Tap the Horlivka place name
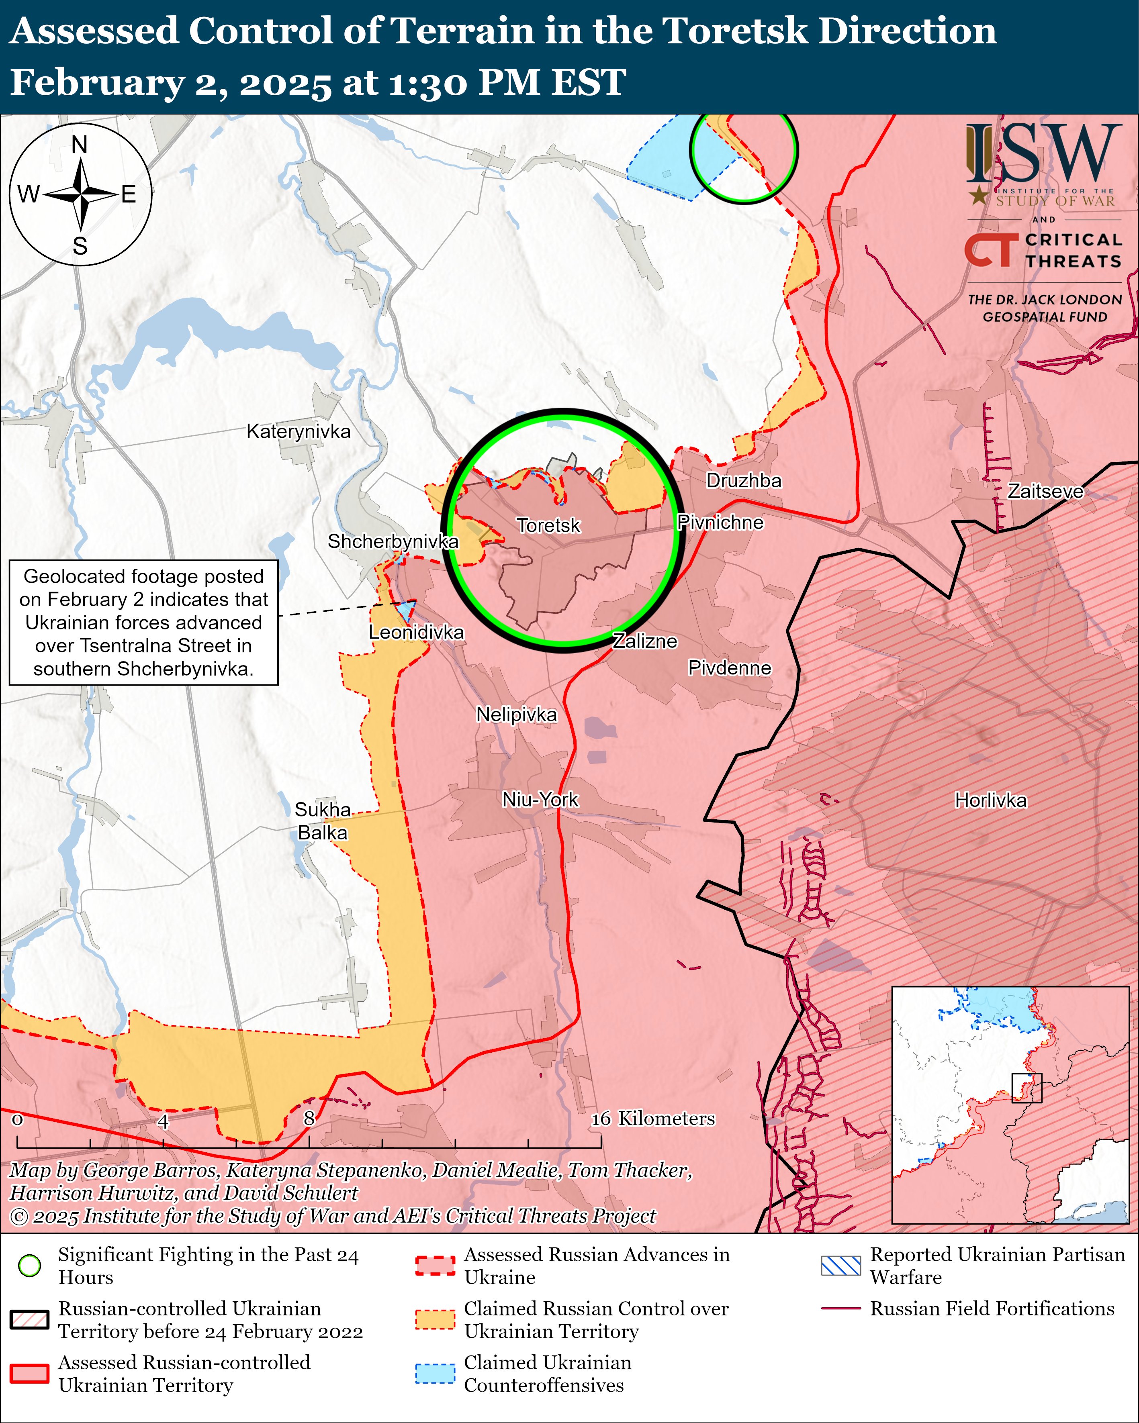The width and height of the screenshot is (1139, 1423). pyautogui.click(x=990, y=800)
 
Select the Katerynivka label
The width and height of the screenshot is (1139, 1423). pyautogui.click(x=299, y=432)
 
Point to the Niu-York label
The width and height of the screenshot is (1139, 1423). pyautogui.click(x=540, y=800)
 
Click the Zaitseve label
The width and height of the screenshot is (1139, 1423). pyautogui.click(x=1045, y=491)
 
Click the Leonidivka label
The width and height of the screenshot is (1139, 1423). pyautogui.click(x=416, y=632)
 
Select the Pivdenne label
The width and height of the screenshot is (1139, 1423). pyautogui.click(x=730, y=668)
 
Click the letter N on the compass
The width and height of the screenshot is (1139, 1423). pyautogui.click(x=79, y=145)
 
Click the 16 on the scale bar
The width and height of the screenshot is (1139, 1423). pyautogui.click(x=601, y=1119)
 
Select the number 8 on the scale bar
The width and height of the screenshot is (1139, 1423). pyautogui.click(x=309, y=1119)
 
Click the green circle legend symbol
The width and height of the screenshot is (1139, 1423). pyautogui.click(x=30, y=1265)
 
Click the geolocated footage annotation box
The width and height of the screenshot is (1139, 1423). pyautogui.click(x=143, y=623)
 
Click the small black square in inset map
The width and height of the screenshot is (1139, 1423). pyautogui.click(x=1027, y=1088)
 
